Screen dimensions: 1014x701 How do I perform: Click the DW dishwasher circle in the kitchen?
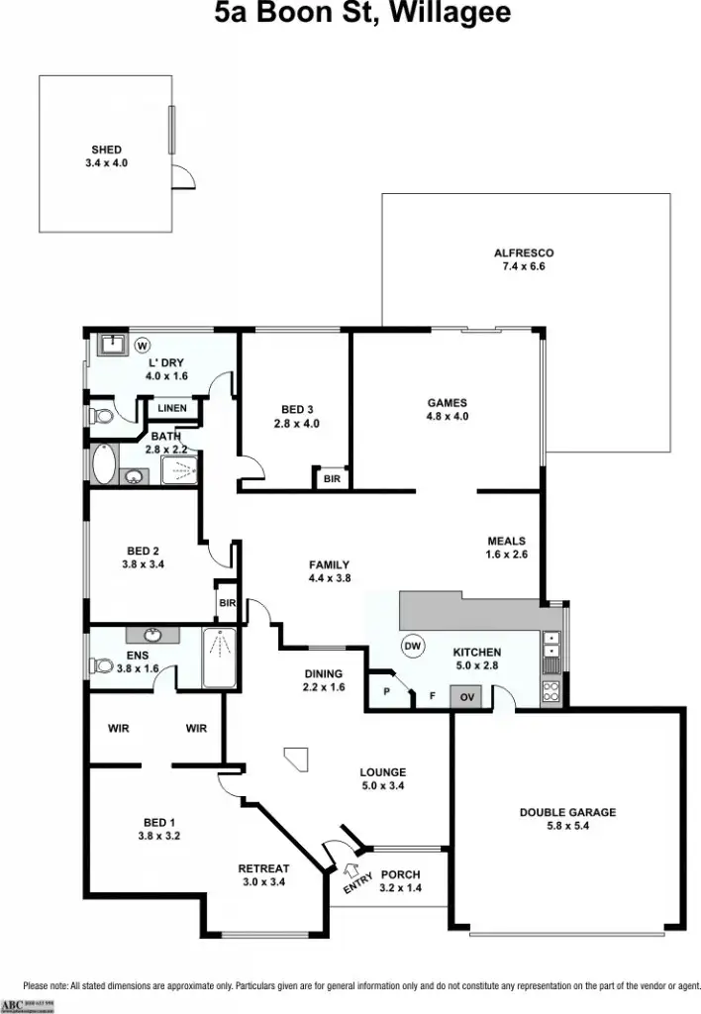(x=413, y=647)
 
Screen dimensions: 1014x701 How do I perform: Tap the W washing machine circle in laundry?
(x=142, y=346)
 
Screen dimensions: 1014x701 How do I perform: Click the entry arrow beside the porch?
(x=350, y=870)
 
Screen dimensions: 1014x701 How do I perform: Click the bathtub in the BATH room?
(x=102, y=462)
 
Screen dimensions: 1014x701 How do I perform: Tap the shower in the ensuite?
(x=220, y=658)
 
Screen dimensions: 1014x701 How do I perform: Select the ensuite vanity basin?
(x=152, y=635)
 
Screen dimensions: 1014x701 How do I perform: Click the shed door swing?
(x=183, y=177)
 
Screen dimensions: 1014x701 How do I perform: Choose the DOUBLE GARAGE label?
(x=567, y=812)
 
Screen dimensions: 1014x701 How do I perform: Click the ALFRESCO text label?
(x=524, y=253)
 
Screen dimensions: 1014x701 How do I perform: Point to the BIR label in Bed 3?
(x=331, y=479)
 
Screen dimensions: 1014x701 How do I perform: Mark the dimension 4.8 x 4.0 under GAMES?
(x=447, y=417)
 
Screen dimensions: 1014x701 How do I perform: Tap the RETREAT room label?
(x=263, y=868)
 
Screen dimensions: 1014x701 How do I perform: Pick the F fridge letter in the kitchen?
(x=432, y=697)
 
